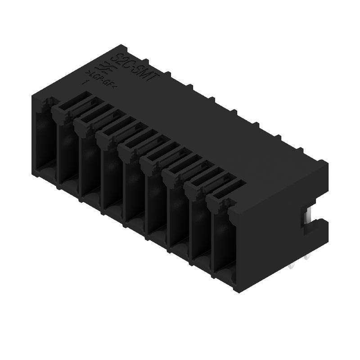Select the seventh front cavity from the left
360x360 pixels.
point(179,214)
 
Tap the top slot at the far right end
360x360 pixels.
point(229,189)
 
